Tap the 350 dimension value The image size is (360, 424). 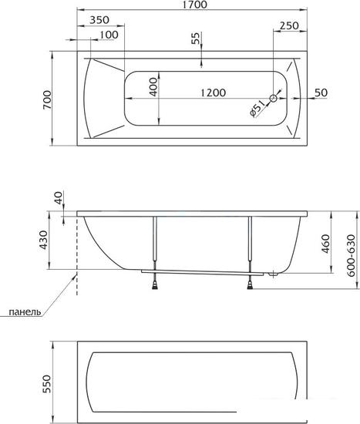[99, 20]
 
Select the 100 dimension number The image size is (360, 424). [109, 35]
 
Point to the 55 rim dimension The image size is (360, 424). [195, 38]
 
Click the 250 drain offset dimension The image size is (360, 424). [289, 25]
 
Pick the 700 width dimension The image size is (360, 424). [47, 99]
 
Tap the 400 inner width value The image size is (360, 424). [153, 87]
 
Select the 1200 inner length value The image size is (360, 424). [213, 93]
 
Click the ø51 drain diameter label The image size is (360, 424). [257, 109]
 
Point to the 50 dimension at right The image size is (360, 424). [321, 93]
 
